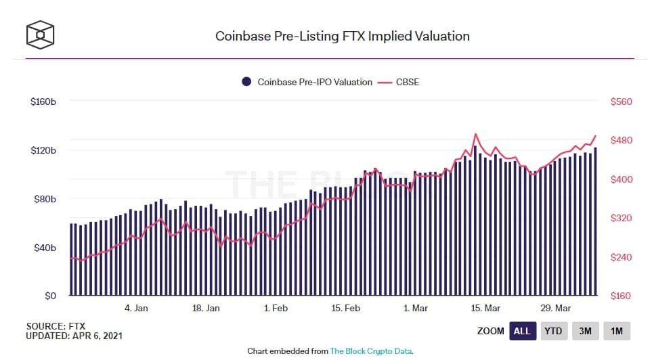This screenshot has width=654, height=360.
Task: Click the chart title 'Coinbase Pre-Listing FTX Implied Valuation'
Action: pyautogui.click(x=343, y=37)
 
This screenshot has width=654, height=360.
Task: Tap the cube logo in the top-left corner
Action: pyautogui.click(x=40, y=35)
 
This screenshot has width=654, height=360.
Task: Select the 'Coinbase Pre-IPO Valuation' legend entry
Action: pyautogui.click(x=307, y=82)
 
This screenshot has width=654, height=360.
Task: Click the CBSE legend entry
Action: pyautogui.click(x=398, y=82)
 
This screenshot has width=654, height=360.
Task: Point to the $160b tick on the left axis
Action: pyautogui.click(x=43, y=102)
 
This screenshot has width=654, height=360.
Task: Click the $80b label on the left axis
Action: pyautogui.click(x=45, y=199)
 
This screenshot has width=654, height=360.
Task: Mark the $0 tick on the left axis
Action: pyautogui.click(x=51, y=296)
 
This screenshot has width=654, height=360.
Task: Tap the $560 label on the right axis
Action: pyautogui.click(x=621, y=102)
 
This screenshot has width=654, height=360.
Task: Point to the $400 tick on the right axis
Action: pyautogui.click(x=621, y=179)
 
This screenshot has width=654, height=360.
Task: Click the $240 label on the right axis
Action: pyautogui.click(x=621, y=258)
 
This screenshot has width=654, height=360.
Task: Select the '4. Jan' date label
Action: pyautogui.click(x=136, y=309)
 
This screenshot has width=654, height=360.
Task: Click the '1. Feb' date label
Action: pyautogui.click(x=276, y=309)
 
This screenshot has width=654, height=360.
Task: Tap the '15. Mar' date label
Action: pyautogui.click(x=485, y=309)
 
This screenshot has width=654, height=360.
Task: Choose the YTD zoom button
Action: pyautogui.click(x=554, y=332)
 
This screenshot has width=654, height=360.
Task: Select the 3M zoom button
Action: pyautogui.click(x=585, y=332)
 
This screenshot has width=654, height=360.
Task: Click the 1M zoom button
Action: pyautogui.click(x=617, y=332)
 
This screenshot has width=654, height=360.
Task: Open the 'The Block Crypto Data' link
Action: pyautogui.click(x=371, y=351)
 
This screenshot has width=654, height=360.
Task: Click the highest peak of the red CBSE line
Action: pyautogui.click(x=475, y=134)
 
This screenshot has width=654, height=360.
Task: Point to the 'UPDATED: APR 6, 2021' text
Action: pyautogui.click(x=74, y=336)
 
